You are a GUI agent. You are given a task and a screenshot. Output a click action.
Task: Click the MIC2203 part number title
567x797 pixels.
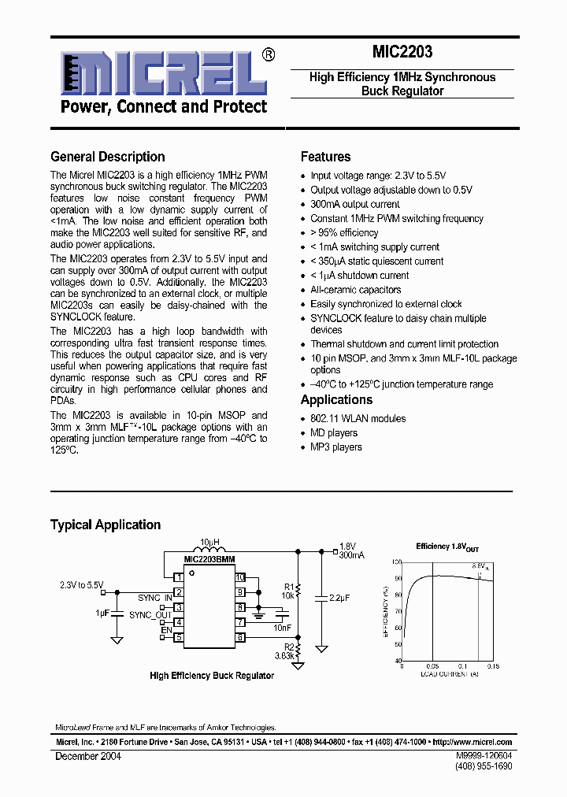tap(402, 53)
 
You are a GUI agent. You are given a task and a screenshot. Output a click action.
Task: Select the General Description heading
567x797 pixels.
tap(108, 157)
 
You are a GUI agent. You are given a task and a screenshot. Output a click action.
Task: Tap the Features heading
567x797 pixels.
tap(325, 157)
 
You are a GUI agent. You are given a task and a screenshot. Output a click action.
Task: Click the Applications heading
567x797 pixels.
tap(336, 399)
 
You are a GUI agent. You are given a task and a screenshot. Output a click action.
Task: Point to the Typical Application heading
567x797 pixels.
tap(106, 525)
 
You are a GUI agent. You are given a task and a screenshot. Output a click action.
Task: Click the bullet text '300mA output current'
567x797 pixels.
tap(355, 204)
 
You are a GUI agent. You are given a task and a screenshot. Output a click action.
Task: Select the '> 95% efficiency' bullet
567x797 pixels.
tap(344, 232)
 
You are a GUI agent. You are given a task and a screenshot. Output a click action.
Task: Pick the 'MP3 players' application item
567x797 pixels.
tap(336, 447)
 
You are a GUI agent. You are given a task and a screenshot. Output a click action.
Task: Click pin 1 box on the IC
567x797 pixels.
tap(179, 577)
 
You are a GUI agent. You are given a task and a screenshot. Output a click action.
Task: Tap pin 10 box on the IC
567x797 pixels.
tap(240, 577)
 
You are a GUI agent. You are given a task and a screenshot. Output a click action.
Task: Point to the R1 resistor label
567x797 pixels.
tap(288, 587)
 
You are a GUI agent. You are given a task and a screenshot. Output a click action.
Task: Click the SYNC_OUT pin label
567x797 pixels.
tap(150, 615)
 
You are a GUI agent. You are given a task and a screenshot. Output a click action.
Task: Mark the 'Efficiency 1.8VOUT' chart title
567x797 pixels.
tap(445, 547)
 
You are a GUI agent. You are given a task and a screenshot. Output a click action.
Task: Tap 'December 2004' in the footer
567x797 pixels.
tap(88, 755)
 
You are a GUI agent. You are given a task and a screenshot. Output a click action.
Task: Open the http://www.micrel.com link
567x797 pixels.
tap(472, 742)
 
